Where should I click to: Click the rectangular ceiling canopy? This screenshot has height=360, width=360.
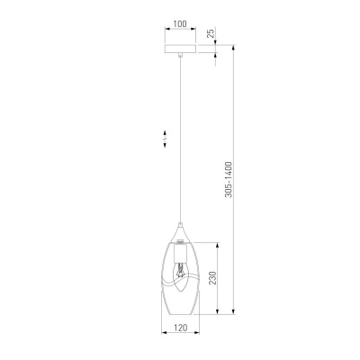point(180,47)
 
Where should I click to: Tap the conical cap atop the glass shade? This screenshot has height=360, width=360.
point(180,232)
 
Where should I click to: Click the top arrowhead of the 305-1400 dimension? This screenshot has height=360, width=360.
point(233,46)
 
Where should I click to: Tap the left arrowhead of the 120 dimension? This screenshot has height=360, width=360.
point(164,337)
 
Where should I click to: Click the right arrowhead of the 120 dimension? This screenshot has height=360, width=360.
point(196,337)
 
